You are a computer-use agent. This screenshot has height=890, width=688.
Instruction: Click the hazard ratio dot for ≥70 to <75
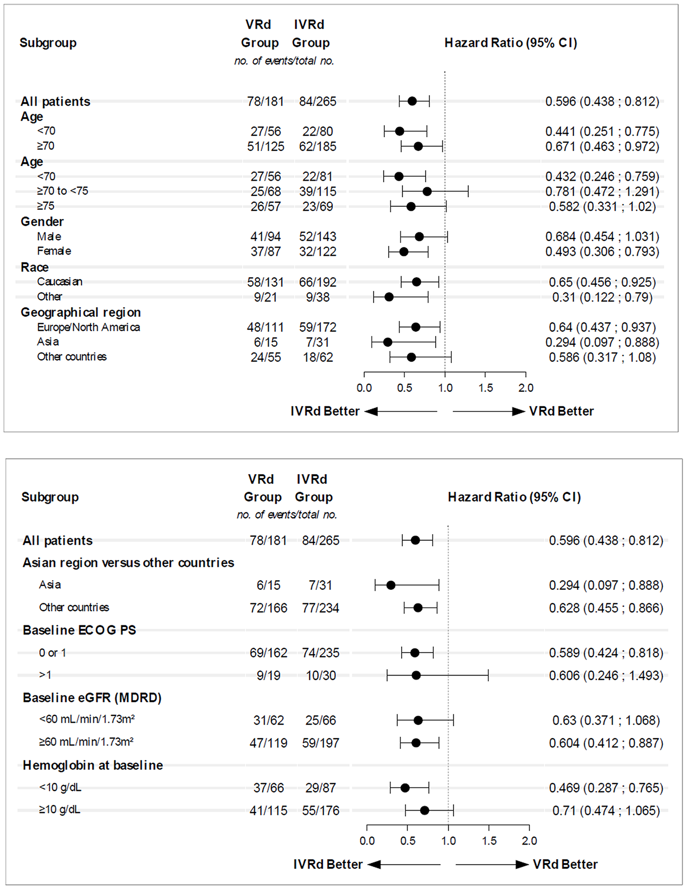[x=427, y=192]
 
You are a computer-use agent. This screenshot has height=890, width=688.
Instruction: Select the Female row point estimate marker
[x=404, y=252]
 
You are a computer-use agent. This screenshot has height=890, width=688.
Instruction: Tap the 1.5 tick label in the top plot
[x=485, y=388]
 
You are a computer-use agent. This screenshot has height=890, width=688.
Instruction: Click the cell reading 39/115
[x=317, y=192]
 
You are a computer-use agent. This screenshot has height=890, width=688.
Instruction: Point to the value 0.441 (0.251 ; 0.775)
[x=602, y=131]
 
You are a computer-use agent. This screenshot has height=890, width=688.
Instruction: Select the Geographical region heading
[x=81, y=312]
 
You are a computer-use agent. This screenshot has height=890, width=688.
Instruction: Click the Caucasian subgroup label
[x=59, y=282]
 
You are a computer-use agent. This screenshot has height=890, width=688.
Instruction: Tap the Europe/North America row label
[x=88, y=327]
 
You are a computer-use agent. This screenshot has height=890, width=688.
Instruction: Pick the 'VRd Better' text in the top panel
[x=561, y=411]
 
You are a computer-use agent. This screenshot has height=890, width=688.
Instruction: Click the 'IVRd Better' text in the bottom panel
[x=328, y=864]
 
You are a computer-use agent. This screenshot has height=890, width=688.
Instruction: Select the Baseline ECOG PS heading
[x=79, y=630]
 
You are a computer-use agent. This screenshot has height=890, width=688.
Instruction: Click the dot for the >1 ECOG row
[x=416, y=675]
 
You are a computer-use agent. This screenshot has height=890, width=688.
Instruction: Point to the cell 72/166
[x=268, y=608]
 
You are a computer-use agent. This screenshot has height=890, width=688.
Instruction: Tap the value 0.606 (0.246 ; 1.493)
[x=606, y=675]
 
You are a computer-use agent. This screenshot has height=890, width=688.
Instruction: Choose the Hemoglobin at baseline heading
[x=93, y=765]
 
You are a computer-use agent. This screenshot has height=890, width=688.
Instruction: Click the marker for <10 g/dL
[x=405, y=788]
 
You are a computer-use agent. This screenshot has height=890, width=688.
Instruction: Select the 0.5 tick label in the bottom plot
[x=408, y=841]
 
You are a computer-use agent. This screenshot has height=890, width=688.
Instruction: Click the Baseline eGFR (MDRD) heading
[x=92, y=698]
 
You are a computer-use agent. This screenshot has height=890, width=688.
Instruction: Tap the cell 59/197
[x=320, y=743]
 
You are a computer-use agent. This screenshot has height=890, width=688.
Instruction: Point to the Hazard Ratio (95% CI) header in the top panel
[x=511, y=43]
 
